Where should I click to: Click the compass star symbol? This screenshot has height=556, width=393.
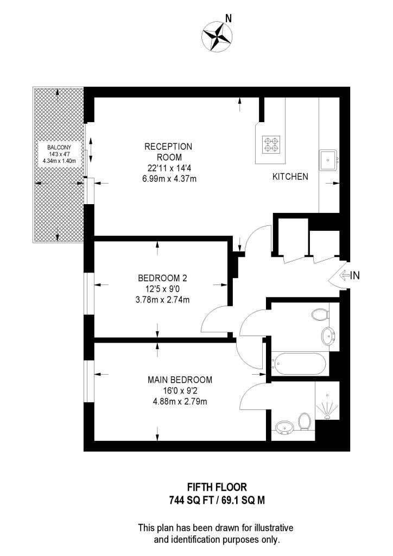pyautogui.click(x=217, y=35)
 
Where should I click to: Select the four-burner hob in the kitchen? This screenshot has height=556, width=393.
pyautogui.click(x=270, y=144)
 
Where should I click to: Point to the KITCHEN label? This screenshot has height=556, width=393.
pyautogui.click(x=290, y=176)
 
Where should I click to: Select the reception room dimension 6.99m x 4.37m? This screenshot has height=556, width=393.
pyautogui.click(x=168, y=176)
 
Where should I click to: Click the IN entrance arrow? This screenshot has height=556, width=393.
pyautogui.click(x=348, y=276)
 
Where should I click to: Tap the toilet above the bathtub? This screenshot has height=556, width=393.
pyautogui.click(x=321, y=314)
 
